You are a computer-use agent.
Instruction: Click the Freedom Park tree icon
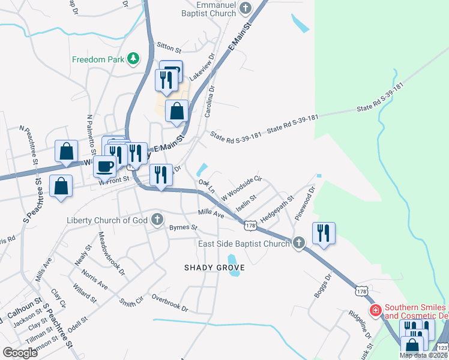point(133,59)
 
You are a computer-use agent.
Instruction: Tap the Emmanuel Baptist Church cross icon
point(245,8)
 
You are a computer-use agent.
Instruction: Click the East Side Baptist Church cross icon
point(298,243)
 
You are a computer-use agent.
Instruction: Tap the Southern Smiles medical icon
point(376,310)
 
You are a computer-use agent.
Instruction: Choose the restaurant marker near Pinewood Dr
point(324,233)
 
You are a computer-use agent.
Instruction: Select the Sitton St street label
point(169,47)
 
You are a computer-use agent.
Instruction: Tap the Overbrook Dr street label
point(170,303)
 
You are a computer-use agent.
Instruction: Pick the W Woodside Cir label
point(242,187)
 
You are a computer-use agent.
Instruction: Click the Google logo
point(20,352)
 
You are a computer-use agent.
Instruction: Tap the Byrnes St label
point(183,227)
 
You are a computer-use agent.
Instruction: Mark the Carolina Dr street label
point(211,98)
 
